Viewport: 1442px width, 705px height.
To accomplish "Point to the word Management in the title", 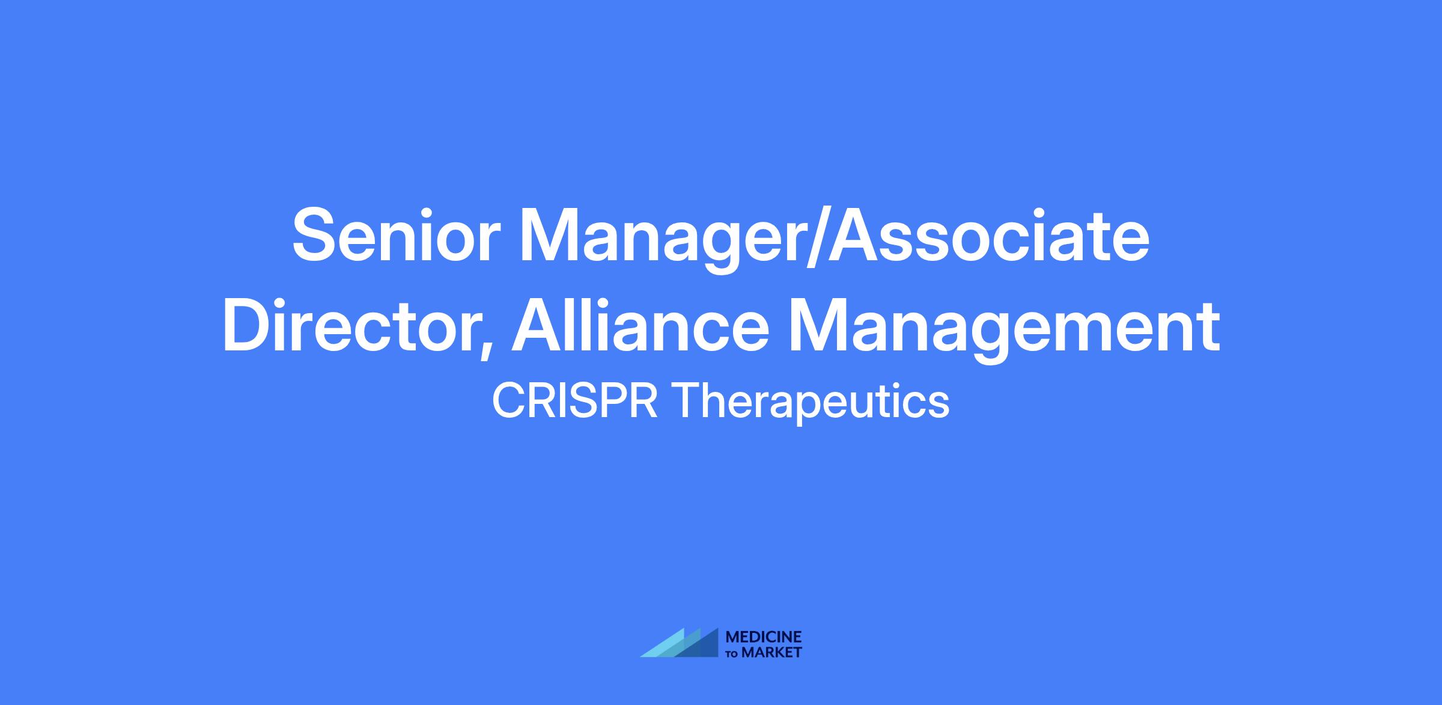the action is click(1004, 329).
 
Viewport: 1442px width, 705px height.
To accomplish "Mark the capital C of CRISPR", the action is click(508, 401).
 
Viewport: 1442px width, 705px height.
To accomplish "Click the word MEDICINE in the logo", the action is click(764, 637).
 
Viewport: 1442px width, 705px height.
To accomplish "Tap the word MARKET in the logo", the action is click(772, 652).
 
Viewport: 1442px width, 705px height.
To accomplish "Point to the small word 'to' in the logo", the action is click(733, 654).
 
